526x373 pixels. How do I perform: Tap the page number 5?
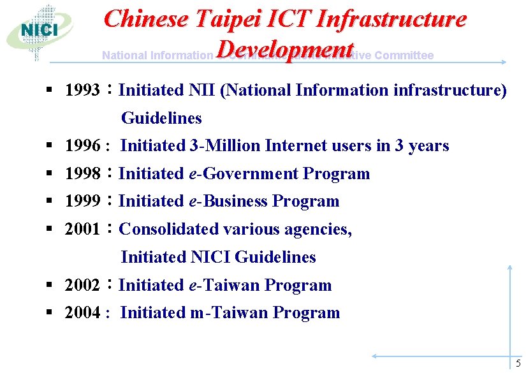point(518,363)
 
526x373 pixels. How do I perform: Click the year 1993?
point(82,90)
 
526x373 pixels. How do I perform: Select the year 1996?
point(82,146)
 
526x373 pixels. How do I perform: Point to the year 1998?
point(82,173)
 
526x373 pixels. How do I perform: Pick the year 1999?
point(82,201)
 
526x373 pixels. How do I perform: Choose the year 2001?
point(82,229)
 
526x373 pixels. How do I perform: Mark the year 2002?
point(82,285)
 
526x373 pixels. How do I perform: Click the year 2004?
point(82,312)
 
